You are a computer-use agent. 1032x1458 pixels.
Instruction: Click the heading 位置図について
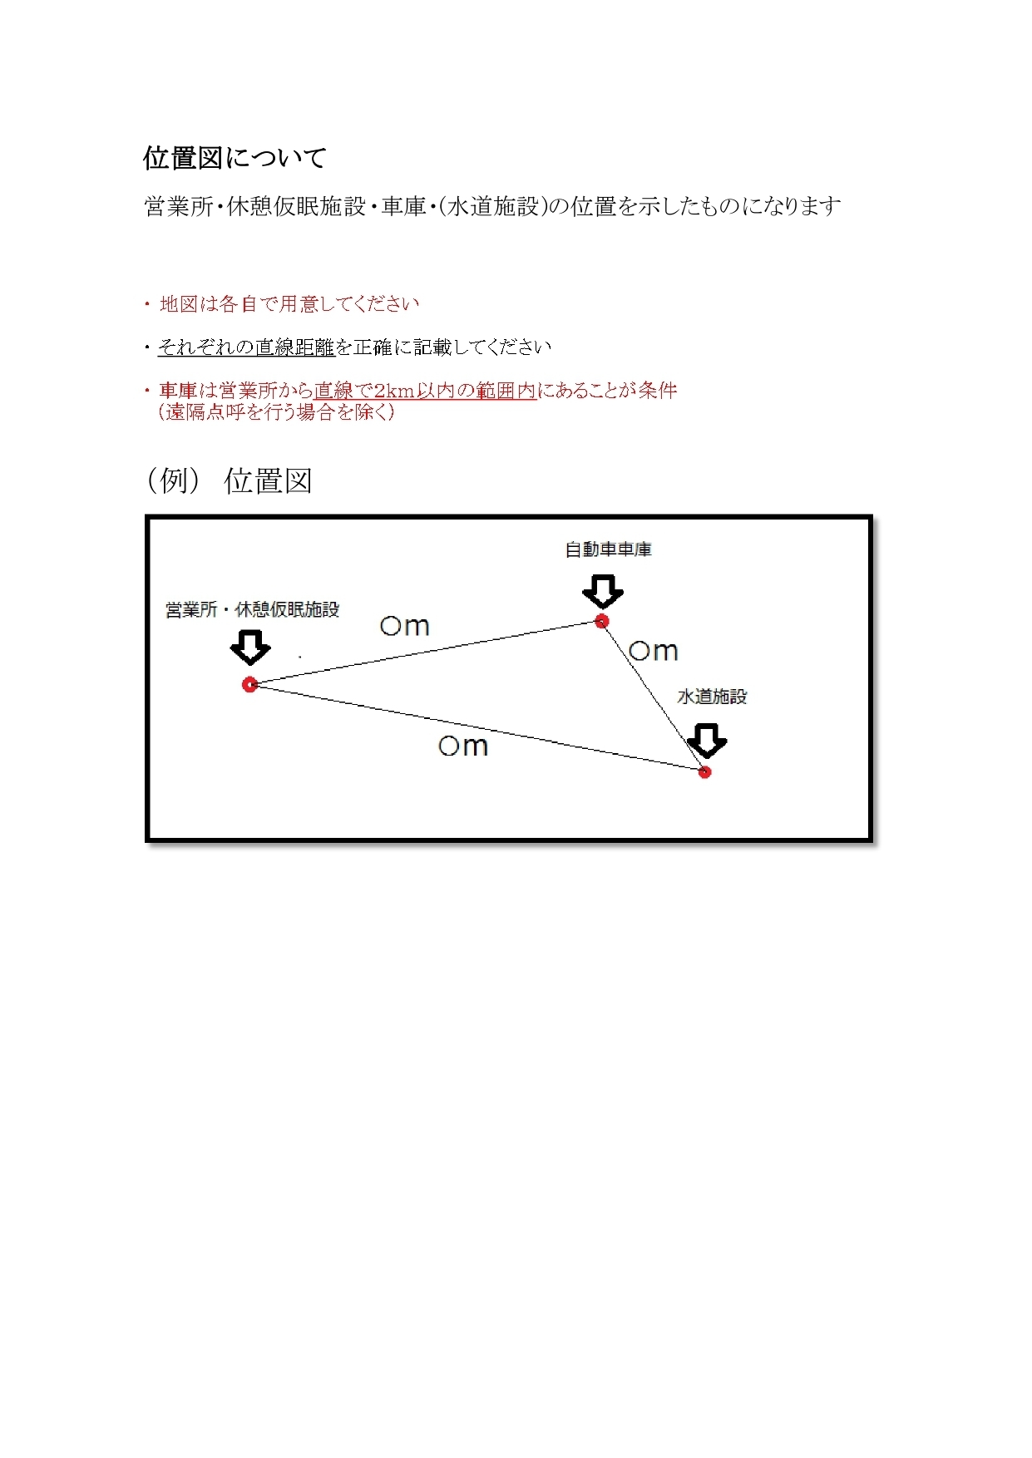[235, 158]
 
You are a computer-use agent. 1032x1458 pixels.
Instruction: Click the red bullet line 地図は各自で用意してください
[289, 304]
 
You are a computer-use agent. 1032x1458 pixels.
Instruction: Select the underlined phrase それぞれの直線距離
[246, 347]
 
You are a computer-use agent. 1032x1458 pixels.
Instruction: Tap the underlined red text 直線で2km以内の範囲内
[425, 391]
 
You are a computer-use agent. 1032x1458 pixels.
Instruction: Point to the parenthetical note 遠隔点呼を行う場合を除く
[276, 412]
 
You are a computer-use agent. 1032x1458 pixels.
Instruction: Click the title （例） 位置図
[229, 480]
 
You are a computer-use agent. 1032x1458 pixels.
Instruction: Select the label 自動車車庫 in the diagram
[608, 549]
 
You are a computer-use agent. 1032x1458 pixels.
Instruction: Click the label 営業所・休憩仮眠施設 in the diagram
[252, 610]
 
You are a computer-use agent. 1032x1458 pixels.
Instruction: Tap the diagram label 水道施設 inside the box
[712, 697]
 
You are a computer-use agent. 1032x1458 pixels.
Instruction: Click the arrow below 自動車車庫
[603, 592]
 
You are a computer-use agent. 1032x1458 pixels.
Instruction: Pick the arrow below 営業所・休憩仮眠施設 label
[250, 648]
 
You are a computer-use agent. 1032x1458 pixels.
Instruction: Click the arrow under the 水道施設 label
[707, 741]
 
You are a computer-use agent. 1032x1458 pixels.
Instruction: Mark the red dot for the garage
[602, 621]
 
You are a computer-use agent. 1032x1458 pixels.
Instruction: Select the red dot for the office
[249, 684]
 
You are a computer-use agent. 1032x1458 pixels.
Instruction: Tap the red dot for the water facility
[704, 772]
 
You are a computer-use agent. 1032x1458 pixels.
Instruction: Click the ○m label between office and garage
[405, 626]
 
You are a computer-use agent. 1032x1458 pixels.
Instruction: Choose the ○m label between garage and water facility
[654, 651]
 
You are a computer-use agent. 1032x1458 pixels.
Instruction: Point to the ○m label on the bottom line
[463, 746]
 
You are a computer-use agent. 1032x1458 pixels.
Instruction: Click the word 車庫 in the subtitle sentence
[403, 206]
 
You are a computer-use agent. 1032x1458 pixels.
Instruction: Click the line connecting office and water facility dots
[477, 728]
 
